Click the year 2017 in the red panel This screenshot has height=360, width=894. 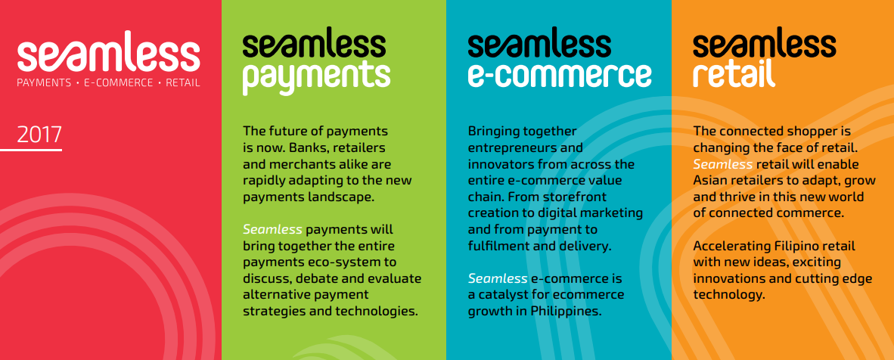pyautogui.click(x=39, y=135)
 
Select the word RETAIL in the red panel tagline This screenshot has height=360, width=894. pyautogui.click(x=182, y=82)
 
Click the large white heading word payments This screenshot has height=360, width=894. pyautogui.click(x=316, y=78)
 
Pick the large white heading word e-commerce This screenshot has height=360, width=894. pyautogui.click(x=560, y=75)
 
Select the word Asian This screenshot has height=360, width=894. pyautogui.click(x=711, y=181)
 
